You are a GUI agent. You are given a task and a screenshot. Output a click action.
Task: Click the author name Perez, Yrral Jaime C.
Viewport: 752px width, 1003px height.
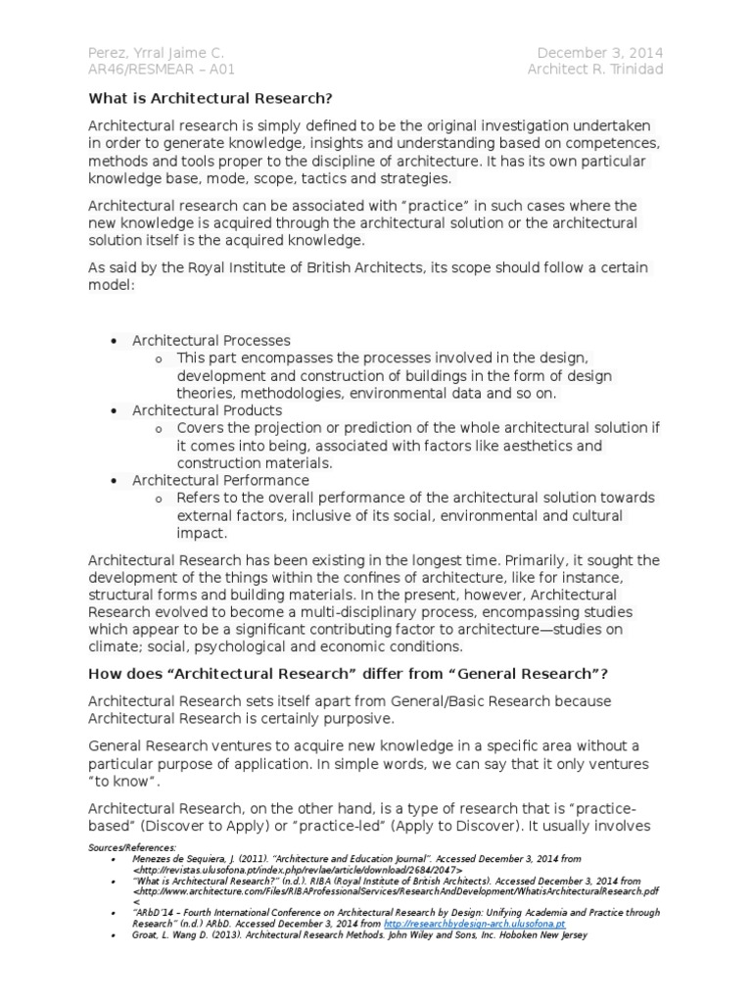(157, 52)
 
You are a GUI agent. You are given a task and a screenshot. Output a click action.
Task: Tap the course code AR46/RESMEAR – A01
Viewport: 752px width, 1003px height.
(162, 70)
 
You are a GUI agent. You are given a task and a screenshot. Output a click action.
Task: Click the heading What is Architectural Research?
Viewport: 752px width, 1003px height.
(211, 98)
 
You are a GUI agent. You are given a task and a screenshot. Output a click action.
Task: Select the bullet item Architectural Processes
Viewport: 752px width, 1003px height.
(211, 340)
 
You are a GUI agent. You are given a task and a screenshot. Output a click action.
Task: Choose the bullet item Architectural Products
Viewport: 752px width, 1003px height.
(208, 410)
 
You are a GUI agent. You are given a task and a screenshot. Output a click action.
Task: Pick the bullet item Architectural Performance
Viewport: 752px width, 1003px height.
(221, 480)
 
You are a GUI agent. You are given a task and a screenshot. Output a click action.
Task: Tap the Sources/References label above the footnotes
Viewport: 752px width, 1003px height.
(131, 847)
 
